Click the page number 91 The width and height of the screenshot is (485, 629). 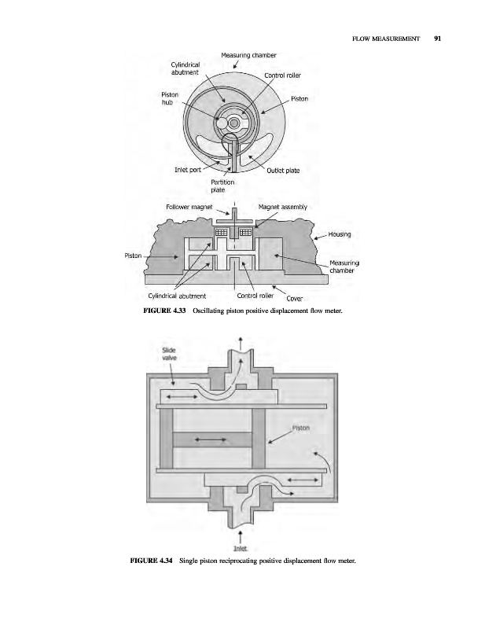tap(437, 39)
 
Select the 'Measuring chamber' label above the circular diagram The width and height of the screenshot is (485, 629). tap(248, 55)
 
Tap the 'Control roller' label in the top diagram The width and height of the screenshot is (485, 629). tap(282, 75)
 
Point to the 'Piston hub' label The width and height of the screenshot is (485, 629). tap(170, 98)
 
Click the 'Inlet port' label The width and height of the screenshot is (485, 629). tap(188, 170)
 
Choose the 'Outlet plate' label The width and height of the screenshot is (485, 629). tap(283, 170)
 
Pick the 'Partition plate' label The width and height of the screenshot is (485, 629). tap(222, 186)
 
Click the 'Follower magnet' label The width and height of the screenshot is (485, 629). tap(189, 207)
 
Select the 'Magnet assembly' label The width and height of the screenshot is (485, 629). tap(283, 207)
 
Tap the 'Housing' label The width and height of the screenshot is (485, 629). tap(340, 234)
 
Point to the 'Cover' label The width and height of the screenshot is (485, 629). tap(295, 299)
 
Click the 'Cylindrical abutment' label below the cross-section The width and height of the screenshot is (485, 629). tap(177, 296)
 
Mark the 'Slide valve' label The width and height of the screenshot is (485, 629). tap(169, 354)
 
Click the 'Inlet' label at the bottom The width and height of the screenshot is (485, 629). tap(240, 548)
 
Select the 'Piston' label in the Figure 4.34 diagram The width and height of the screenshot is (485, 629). tap(301, 428)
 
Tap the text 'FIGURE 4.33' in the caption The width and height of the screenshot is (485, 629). tap(164, 311)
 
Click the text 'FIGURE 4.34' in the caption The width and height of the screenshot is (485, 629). tap(151, 561)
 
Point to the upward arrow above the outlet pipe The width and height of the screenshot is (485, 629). tap(241, 343)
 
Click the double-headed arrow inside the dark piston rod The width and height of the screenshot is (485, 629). tap(211, 440)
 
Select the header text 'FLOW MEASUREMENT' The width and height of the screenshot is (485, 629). tap(386, 39)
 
